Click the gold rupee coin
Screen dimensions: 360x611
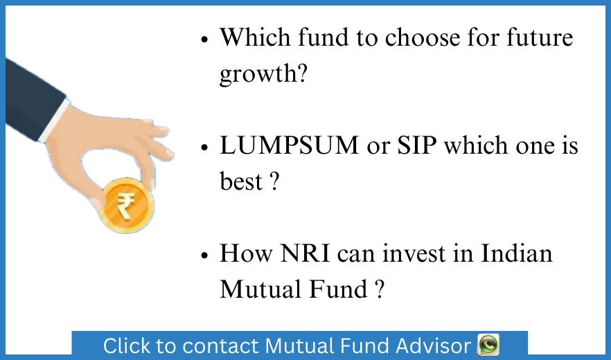coord(126,204)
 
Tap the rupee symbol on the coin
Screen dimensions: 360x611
coord(126,206)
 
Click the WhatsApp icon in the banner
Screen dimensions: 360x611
coord(488,344)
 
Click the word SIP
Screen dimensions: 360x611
coord(416,146)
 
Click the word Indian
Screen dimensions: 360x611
coord(517,253)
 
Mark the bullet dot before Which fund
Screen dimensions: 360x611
coord(204,39)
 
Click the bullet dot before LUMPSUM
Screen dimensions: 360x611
coord(204,148)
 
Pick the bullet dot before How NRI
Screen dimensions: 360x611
coord(204,255)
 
